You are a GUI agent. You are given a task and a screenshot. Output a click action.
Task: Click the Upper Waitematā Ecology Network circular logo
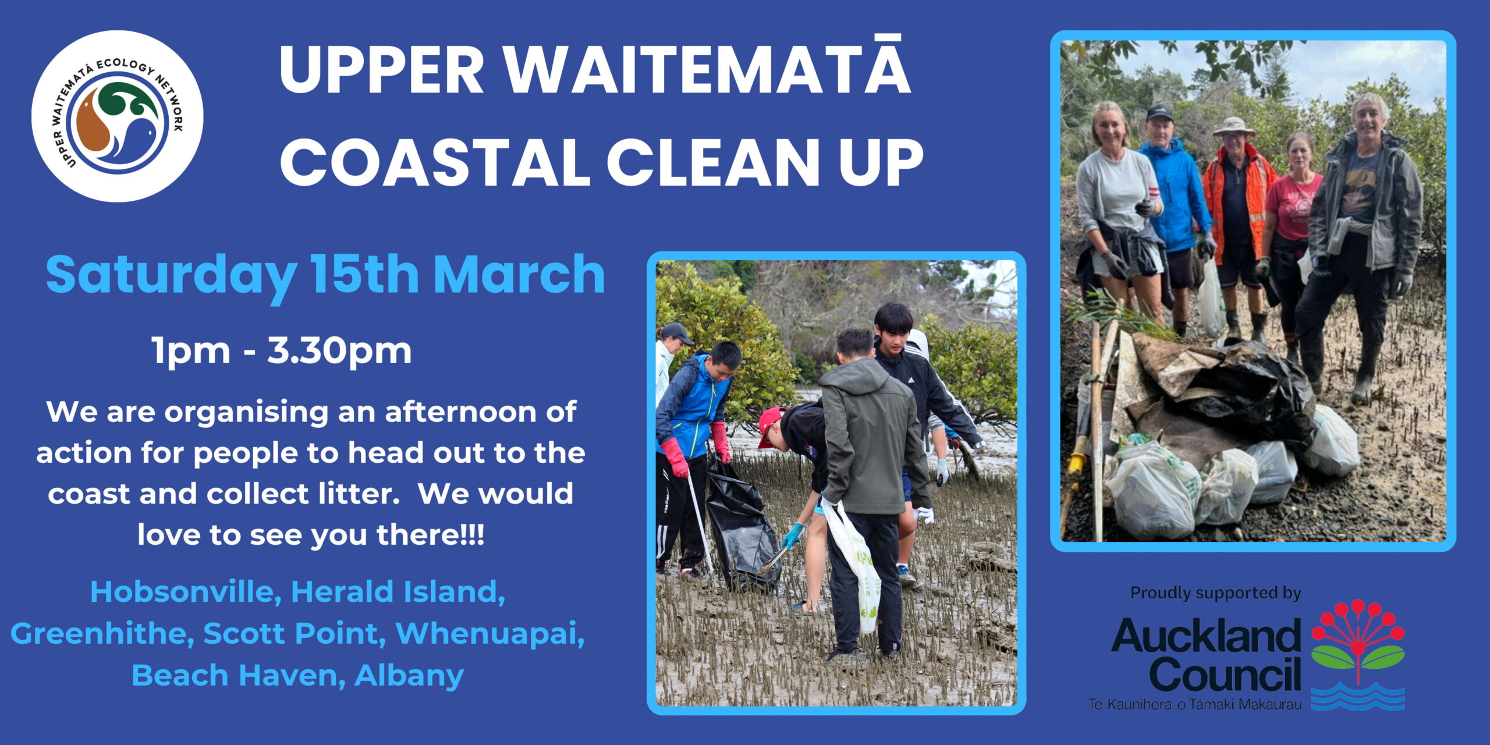(x=117, y=116)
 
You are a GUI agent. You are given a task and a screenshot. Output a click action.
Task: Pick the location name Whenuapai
(x=490, y=634)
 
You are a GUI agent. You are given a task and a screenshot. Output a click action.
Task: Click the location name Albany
(x=409, y=676)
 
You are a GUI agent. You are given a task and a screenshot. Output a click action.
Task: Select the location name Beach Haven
(x=238, y=675)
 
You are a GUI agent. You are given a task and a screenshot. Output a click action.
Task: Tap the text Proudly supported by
(x=1215, y=593)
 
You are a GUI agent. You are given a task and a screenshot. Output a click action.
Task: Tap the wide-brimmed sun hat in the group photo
(x=1233, y=126)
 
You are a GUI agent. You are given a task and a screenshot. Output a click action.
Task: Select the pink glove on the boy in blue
(x=675, y=457)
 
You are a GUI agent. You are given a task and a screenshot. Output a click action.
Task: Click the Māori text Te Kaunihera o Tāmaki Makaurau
(x=1194, y=705)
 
